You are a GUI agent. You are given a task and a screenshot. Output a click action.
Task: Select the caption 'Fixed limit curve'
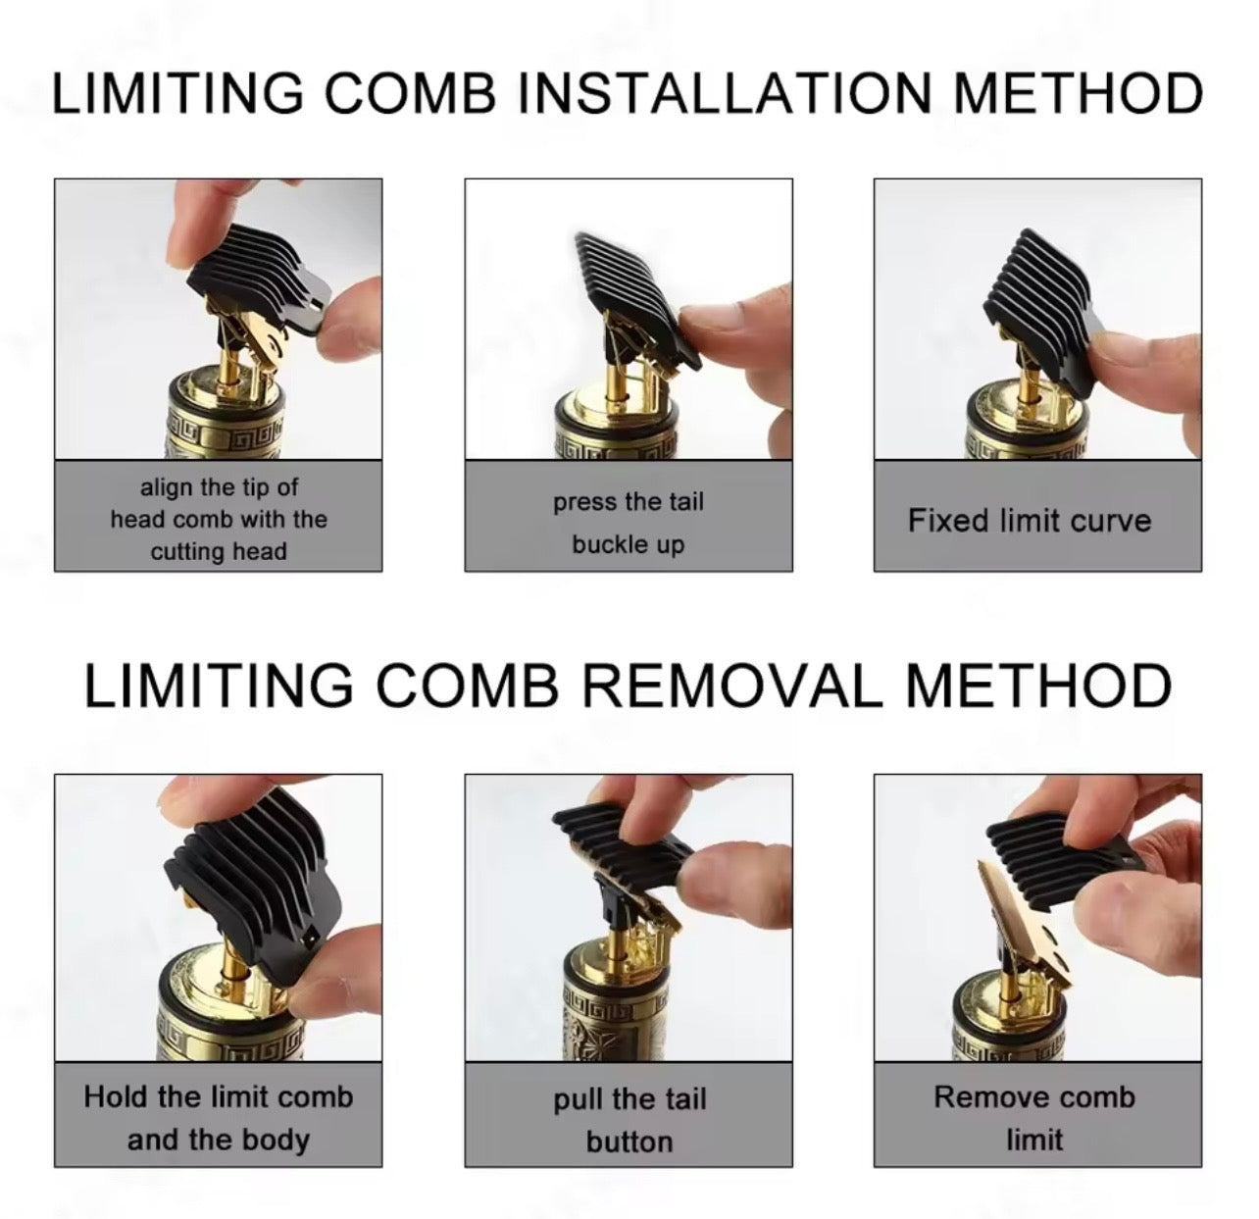click(1030, 521)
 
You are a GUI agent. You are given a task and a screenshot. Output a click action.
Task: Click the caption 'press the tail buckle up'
click(629, 523)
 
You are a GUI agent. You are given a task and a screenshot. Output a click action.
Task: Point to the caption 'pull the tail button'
click(629, 1120)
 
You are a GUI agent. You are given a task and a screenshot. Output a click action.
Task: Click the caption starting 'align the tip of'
click(219, 519)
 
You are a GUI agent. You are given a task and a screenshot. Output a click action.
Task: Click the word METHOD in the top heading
click(1078, 93)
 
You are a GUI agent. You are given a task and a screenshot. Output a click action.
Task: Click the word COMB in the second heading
click(468, 686)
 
